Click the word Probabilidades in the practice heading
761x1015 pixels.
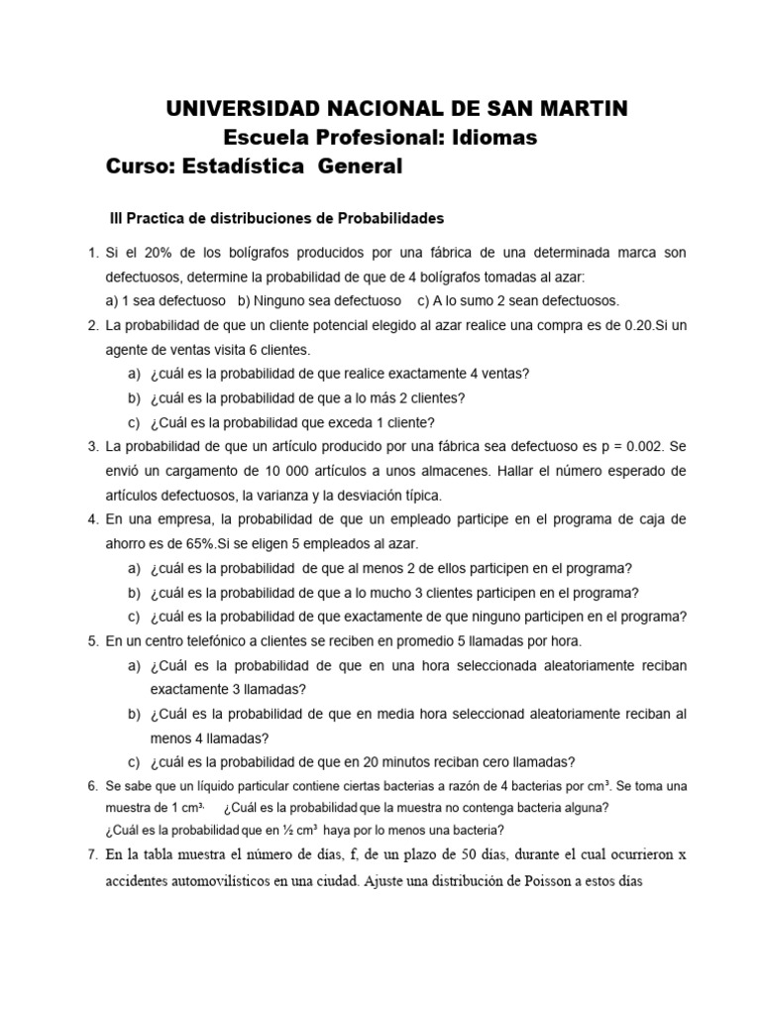pyautogui.click(x=392, y=217)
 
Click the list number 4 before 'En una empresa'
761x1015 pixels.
pyautogui.click(x=92, y=519)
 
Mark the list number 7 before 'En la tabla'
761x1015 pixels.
pyautogui.click(x=92, y=854)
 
